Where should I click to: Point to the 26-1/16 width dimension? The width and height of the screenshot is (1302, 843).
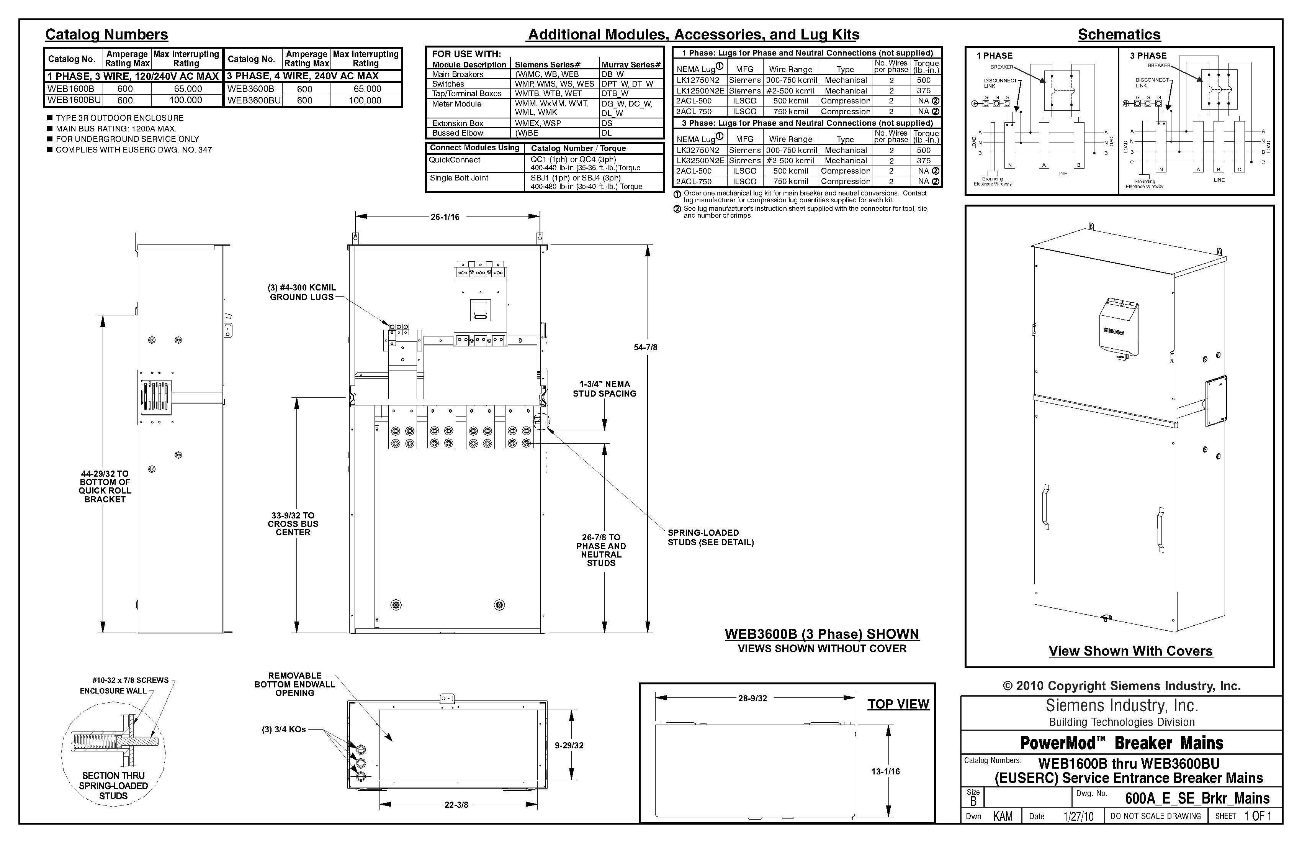pos(445,217)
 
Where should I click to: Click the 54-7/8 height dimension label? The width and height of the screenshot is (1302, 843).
pos(646,347)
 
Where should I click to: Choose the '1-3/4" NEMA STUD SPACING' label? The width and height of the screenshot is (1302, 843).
pos(605,389)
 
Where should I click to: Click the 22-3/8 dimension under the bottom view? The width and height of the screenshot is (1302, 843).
pos(456,805)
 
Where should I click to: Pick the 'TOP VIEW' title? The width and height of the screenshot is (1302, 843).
pos(898,704)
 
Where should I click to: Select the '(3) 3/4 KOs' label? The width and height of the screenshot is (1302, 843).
pos(283,729)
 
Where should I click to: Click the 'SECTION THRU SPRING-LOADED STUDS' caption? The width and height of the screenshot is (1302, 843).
pos(113,786)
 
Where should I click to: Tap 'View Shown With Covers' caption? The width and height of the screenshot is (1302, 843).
pos(1130,651)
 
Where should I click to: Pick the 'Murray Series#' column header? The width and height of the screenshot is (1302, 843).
pos(631,65)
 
